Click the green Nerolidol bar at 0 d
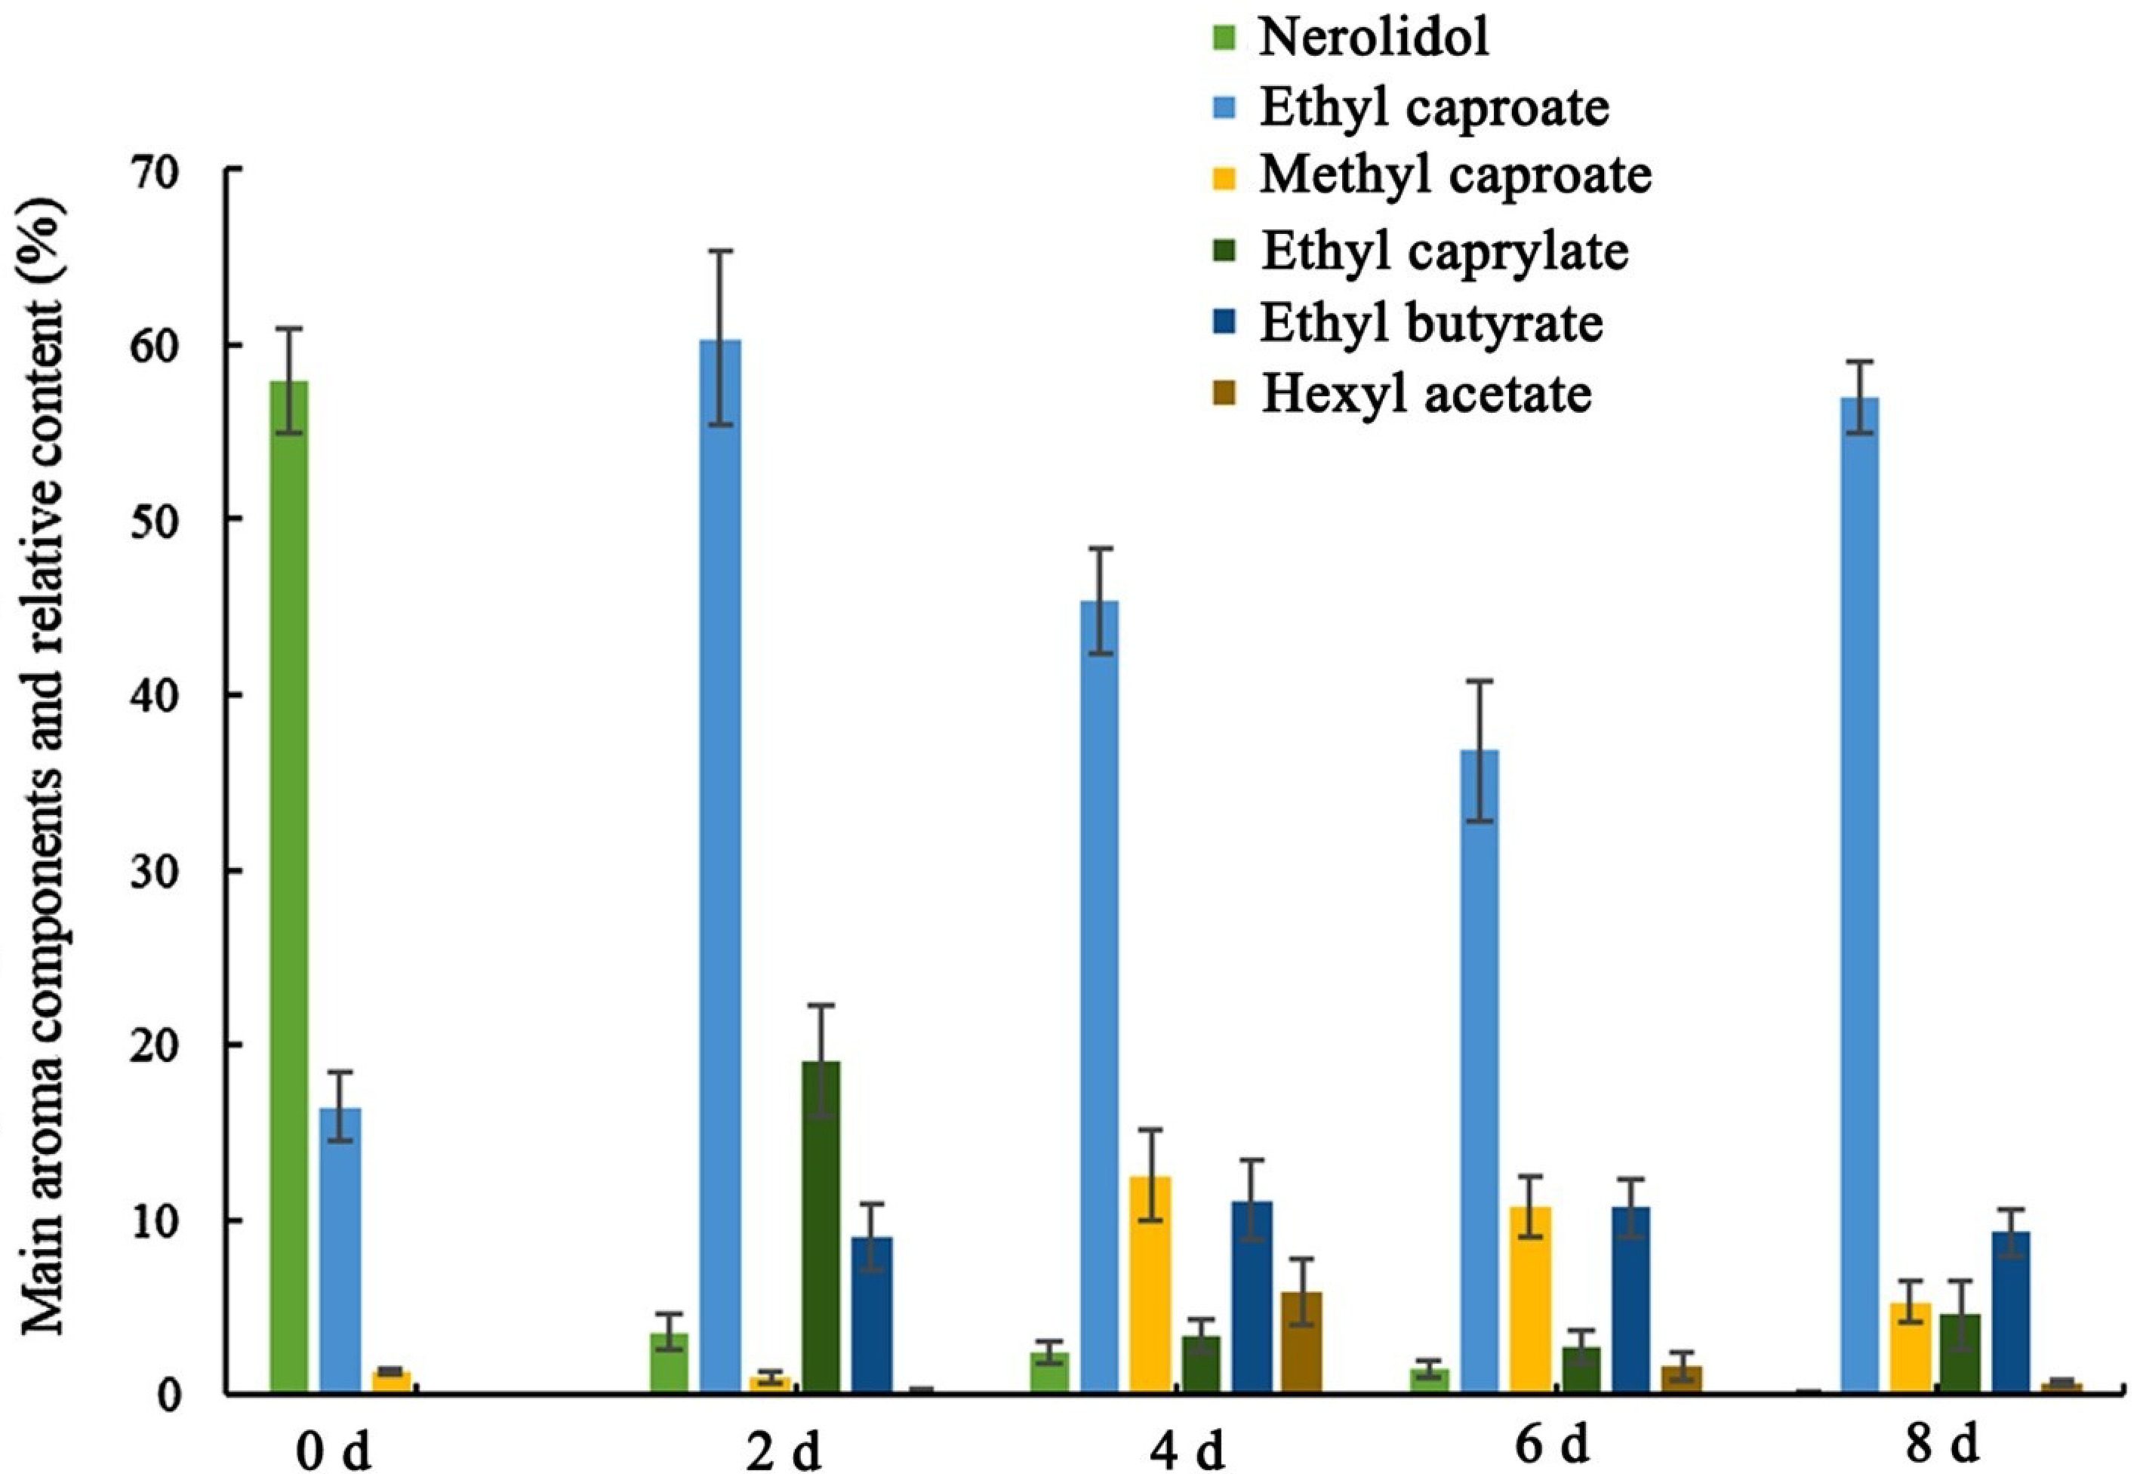coord(289,887)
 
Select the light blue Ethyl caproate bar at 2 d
coord(720,868)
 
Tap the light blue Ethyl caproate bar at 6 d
coord(1479,1071)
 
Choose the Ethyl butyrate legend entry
coord(1430,323)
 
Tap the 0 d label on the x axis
coord(334,1452)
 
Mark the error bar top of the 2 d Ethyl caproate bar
coord(720,251)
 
